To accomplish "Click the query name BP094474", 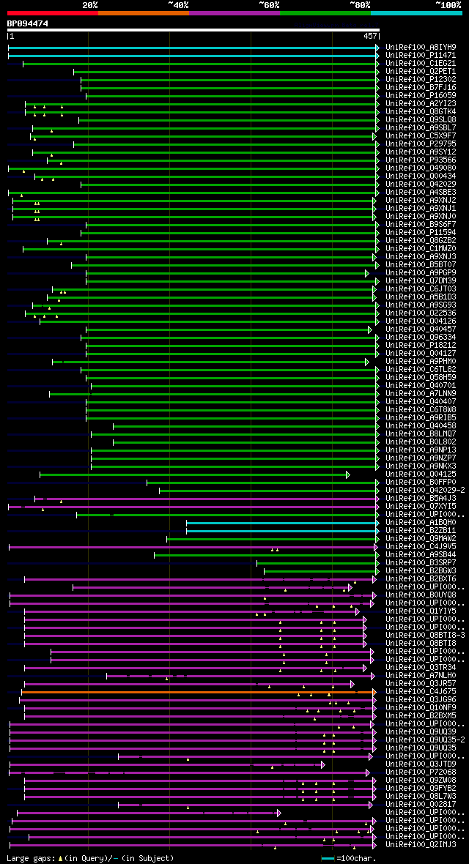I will pos(28,23).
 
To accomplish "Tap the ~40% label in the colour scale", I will pos(178,5).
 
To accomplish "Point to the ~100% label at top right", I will pos(448,5).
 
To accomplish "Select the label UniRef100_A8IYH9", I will pos(421,47).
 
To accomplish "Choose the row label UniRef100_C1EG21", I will pos(421,63).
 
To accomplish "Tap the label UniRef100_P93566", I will pos(421,160).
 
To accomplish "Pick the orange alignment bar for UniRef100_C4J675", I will pos(198,691).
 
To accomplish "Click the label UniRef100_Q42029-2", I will pos(425,490).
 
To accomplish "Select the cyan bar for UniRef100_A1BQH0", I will pos(282,522).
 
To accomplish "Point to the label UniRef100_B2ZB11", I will pos(421,530).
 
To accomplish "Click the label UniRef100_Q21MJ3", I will pos(421,844).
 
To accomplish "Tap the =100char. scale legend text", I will pos(358,857).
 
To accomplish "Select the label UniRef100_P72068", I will pos(421,772).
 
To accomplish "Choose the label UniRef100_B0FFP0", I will pos(421,482).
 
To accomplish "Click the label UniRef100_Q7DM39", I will pos(421,280).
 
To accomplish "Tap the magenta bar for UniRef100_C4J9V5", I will pos(191,546).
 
